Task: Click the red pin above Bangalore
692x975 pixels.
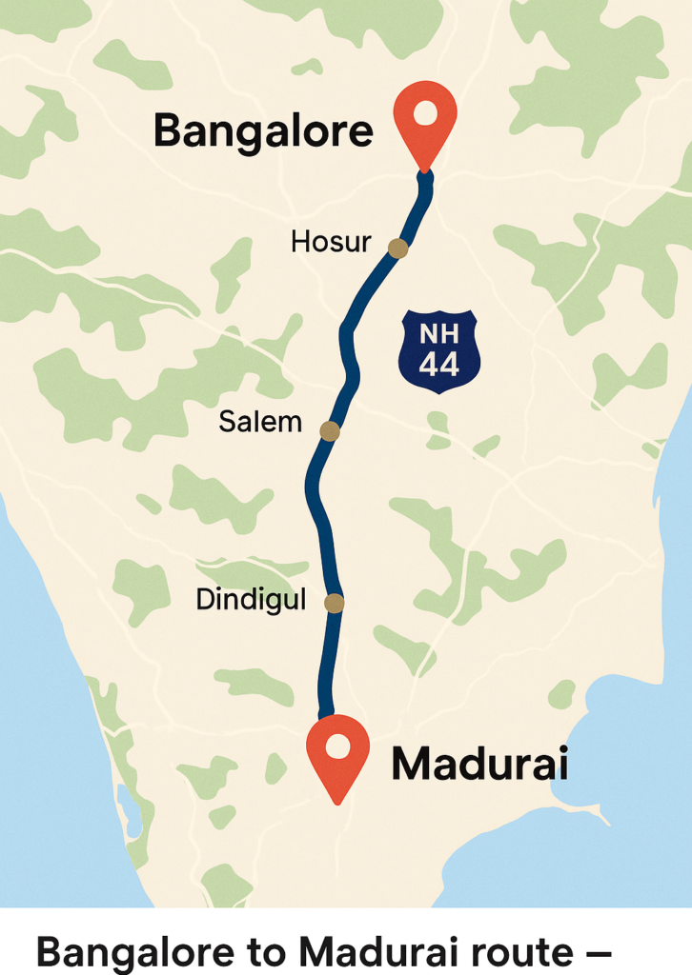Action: pyautogui.click(x=425, y=119)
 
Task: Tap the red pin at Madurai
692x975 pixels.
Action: pyautogui.click(x=337, y=752)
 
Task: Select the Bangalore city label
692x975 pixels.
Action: pyautogui.click(x=263, y=130)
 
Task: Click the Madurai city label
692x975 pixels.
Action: pyautogui.click(x=479, y=765)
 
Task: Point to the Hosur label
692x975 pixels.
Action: pyautogui.click(x=330, y=242)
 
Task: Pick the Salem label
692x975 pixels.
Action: pyautogui.click(x=260, y=421)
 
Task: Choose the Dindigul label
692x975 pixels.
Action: pyautogui.click(x=251, y=600)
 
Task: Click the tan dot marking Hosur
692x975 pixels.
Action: pyautogui.click(x=398, y=249)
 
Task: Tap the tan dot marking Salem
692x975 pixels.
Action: pyautogui.click(x=330, y=431)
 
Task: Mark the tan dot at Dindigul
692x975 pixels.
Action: pyautogui.click(x=335, y=603)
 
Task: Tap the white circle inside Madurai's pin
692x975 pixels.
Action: pyautogui.click(x=337, y=746)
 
